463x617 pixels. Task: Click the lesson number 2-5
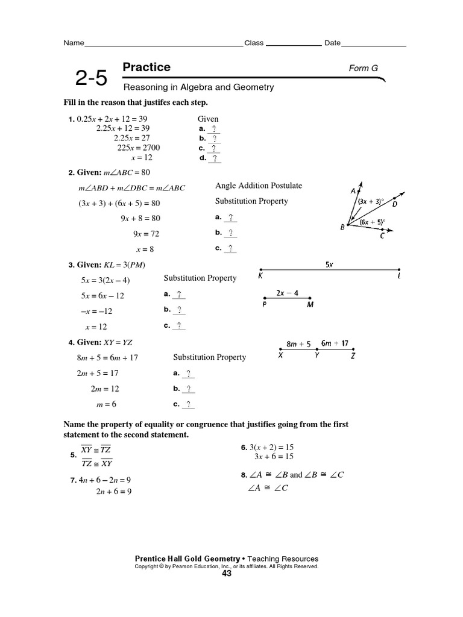[91, 78]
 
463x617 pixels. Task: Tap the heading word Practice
[146, 67]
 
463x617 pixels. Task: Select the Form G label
[364, 68]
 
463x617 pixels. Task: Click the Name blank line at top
[163, 44]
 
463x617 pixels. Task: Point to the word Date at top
[333, 43]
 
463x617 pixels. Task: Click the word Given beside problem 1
[208, 119]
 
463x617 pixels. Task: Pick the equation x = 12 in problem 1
[142, 157]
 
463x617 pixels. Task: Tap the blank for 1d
[215, 158]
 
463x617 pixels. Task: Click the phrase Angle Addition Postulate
[259, 186]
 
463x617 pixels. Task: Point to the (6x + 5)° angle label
[373, 221]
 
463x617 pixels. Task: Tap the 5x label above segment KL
[329, 264]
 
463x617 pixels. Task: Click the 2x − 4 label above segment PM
[287, 293]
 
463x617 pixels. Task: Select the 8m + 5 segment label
[298, 344]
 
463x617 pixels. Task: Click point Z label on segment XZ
[353, 356]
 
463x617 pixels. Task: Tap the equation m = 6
[106, 404]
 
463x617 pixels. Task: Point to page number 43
[227, 573]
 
